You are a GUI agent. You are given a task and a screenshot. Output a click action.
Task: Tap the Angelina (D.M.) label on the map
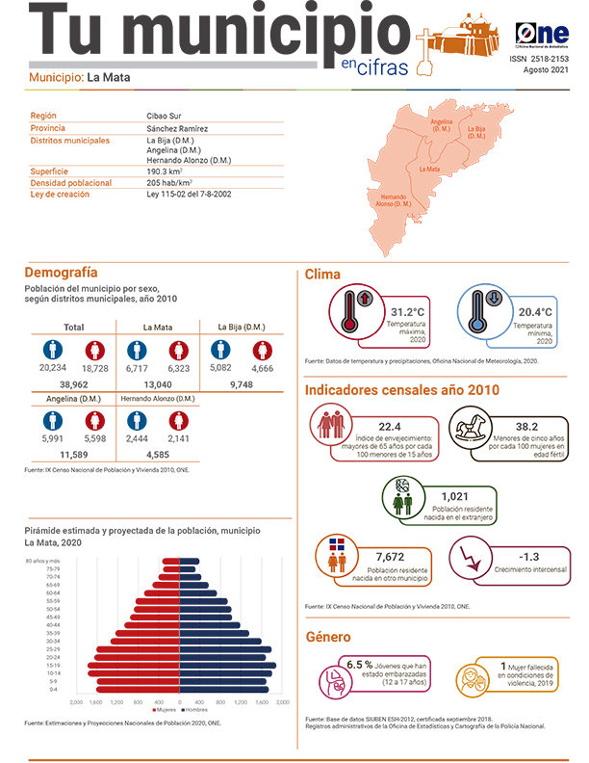coord(442,125)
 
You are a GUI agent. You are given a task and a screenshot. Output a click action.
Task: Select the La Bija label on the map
coord(476,132)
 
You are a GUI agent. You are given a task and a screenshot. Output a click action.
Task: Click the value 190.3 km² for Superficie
coord(166,171)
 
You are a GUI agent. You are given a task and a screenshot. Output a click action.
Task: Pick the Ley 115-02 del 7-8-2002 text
coord(189,194)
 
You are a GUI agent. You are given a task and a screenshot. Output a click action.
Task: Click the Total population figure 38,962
coord(73,383)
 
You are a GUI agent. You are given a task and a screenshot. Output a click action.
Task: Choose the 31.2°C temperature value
coord(408,312)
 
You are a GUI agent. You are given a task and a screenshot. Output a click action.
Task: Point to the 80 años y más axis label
coord(42,561)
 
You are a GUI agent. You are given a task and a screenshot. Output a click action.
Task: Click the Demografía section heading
coord(61,273)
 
